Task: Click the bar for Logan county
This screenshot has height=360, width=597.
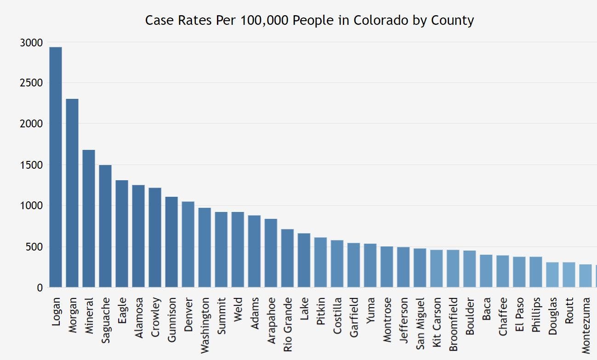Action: pyautogui.click(x=56, y=167)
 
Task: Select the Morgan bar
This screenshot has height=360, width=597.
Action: pyautogui.click(x=72, y=193)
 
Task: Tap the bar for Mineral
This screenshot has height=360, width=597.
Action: pyautogui.click(x=89, y=219)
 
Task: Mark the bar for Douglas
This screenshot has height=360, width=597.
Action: pyautogui.click(x=552, y=275)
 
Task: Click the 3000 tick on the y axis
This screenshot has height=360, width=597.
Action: pyautogui.click(x=32, y=43)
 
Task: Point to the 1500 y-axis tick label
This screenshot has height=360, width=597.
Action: pyautogui.click(x=32, y=165)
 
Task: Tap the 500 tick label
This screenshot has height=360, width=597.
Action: pyautogui.click(x=34, y=247)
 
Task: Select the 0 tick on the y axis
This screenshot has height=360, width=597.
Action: pyautogui.click(x=40, y=288)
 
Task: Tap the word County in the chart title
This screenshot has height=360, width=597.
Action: pyautogui.click(x=452, y=21)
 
